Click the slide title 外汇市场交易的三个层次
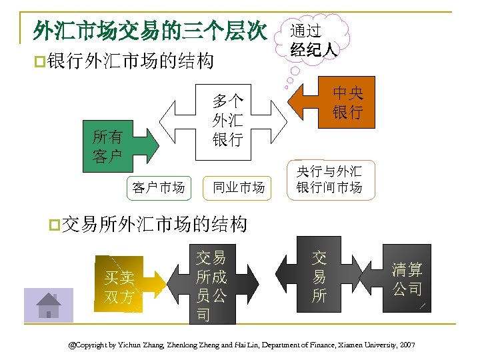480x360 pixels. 150,30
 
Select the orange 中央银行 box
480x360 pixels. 347,103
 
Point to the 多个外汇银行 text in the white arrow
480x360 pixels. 227,120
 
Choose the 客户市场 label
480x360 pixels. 158,187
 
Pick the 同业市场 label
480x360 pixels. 239,187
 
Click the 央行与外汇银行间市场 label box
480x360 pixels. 330,179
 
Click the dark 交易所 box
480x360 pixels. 319,277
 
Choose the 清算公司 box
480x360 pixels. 407,279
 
